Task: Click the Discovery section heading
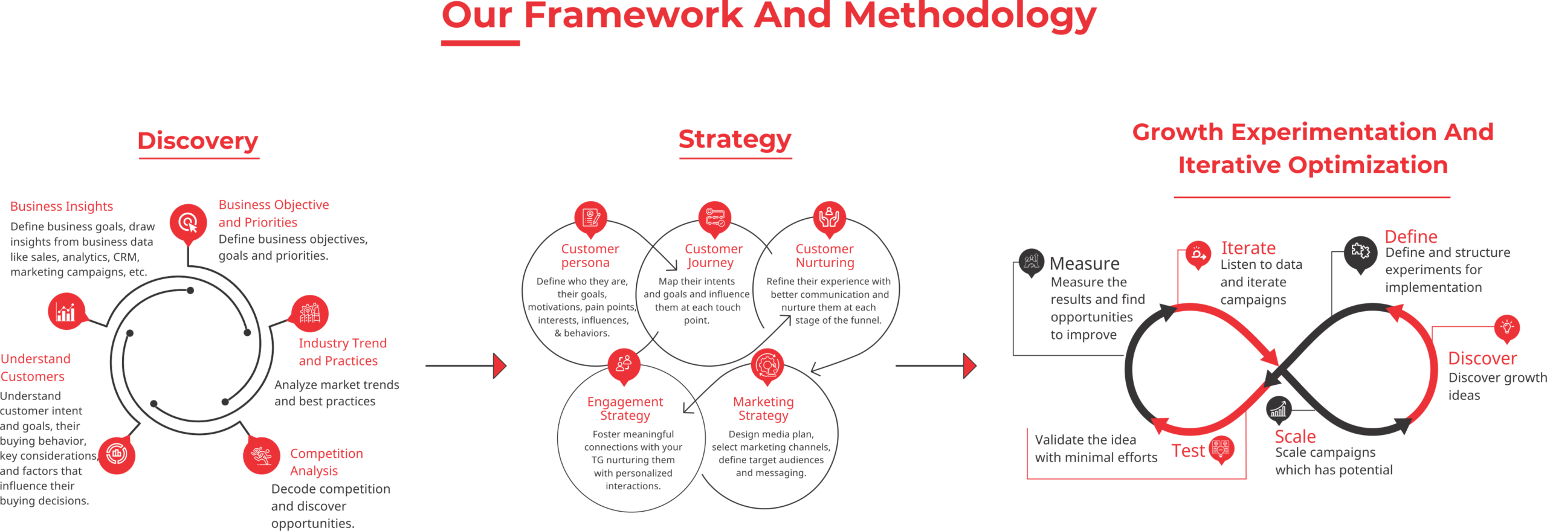click(198, 141)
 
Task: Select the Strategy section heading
click(735, 139)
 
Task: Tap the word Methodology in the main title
click(969, 16)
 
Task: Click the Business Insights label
click(62, 207)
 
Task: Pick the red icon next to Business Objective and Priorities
click(189, 222)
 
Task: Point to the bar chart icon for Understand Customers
click(66, 312)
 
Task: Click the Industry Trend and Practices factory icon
click(310, 313)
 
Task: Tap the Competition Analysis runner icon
click(261, 455)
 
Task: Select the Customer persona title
click(590, 256)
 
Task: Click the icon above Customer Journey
click(714, 217)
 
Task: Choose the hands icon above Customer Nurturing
click(829, 217)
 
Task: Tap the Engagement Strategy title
click(625, 408)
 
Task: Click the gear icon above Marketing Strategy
click(767, 365)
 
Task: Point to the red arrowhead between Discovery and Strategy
click(499, 366)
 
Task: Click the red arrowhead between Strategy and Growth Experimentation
click(969, 366)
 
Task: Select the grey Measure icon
click(1031, 262)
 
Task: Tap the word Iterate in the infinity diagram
click(1248, 248)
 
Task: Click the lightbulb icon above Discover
click(1507, 327)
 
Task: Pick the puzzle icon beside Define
click(1360, 251)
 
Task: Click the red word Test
click(1188, 451)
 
